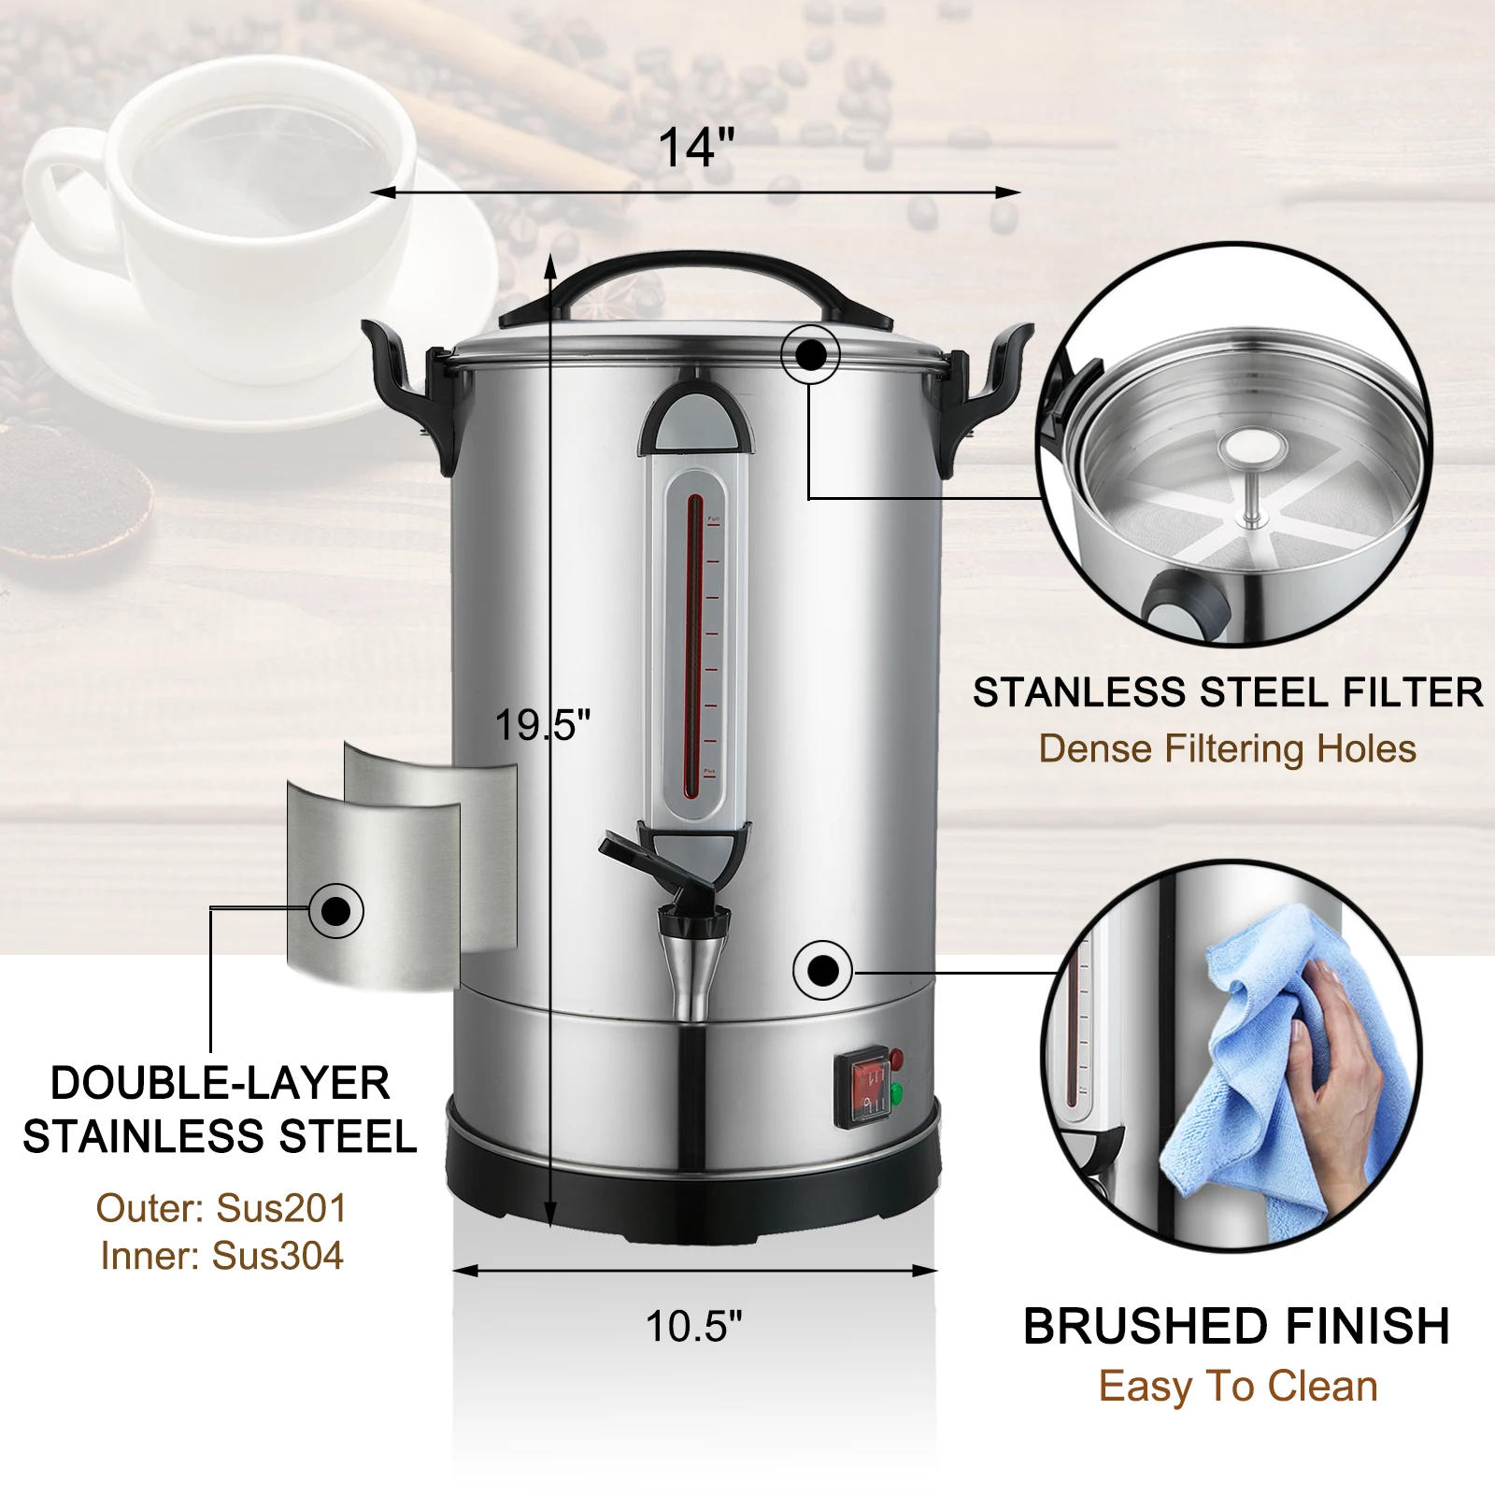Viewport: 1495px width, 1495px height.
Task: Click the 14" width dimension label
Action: click(x=696, y=147)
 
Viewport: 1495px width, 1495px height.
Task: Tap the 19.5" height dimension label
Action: click(x=542, y=725)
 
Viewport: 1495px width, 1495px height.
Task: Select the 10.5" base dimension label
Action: click(x=693, y=1325)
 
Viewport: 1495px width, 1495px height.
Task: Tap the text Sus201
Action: click(x=280, y=1208)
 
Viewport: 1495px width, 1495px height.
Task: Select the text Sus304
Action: click(x=278, y=1256)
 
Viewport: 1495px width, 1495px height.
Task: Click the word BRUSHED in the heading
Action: click(x=1145, y=1327)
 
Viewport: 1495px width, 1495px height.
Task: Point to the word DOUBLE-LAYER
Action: click(x=220, y=1084)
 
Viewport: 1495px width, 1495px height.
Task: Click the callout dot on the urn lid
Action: click(x=810, y=354)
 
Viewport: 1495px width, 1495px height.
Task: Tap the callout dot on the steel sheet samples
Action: click(x=335, y=910)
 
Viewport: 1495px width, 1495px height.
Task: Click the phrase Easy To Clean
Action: click(x=1238, y=1387)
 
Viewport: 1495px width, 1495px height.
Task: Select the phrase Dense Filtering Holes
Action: click(x=1227, y=749)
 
